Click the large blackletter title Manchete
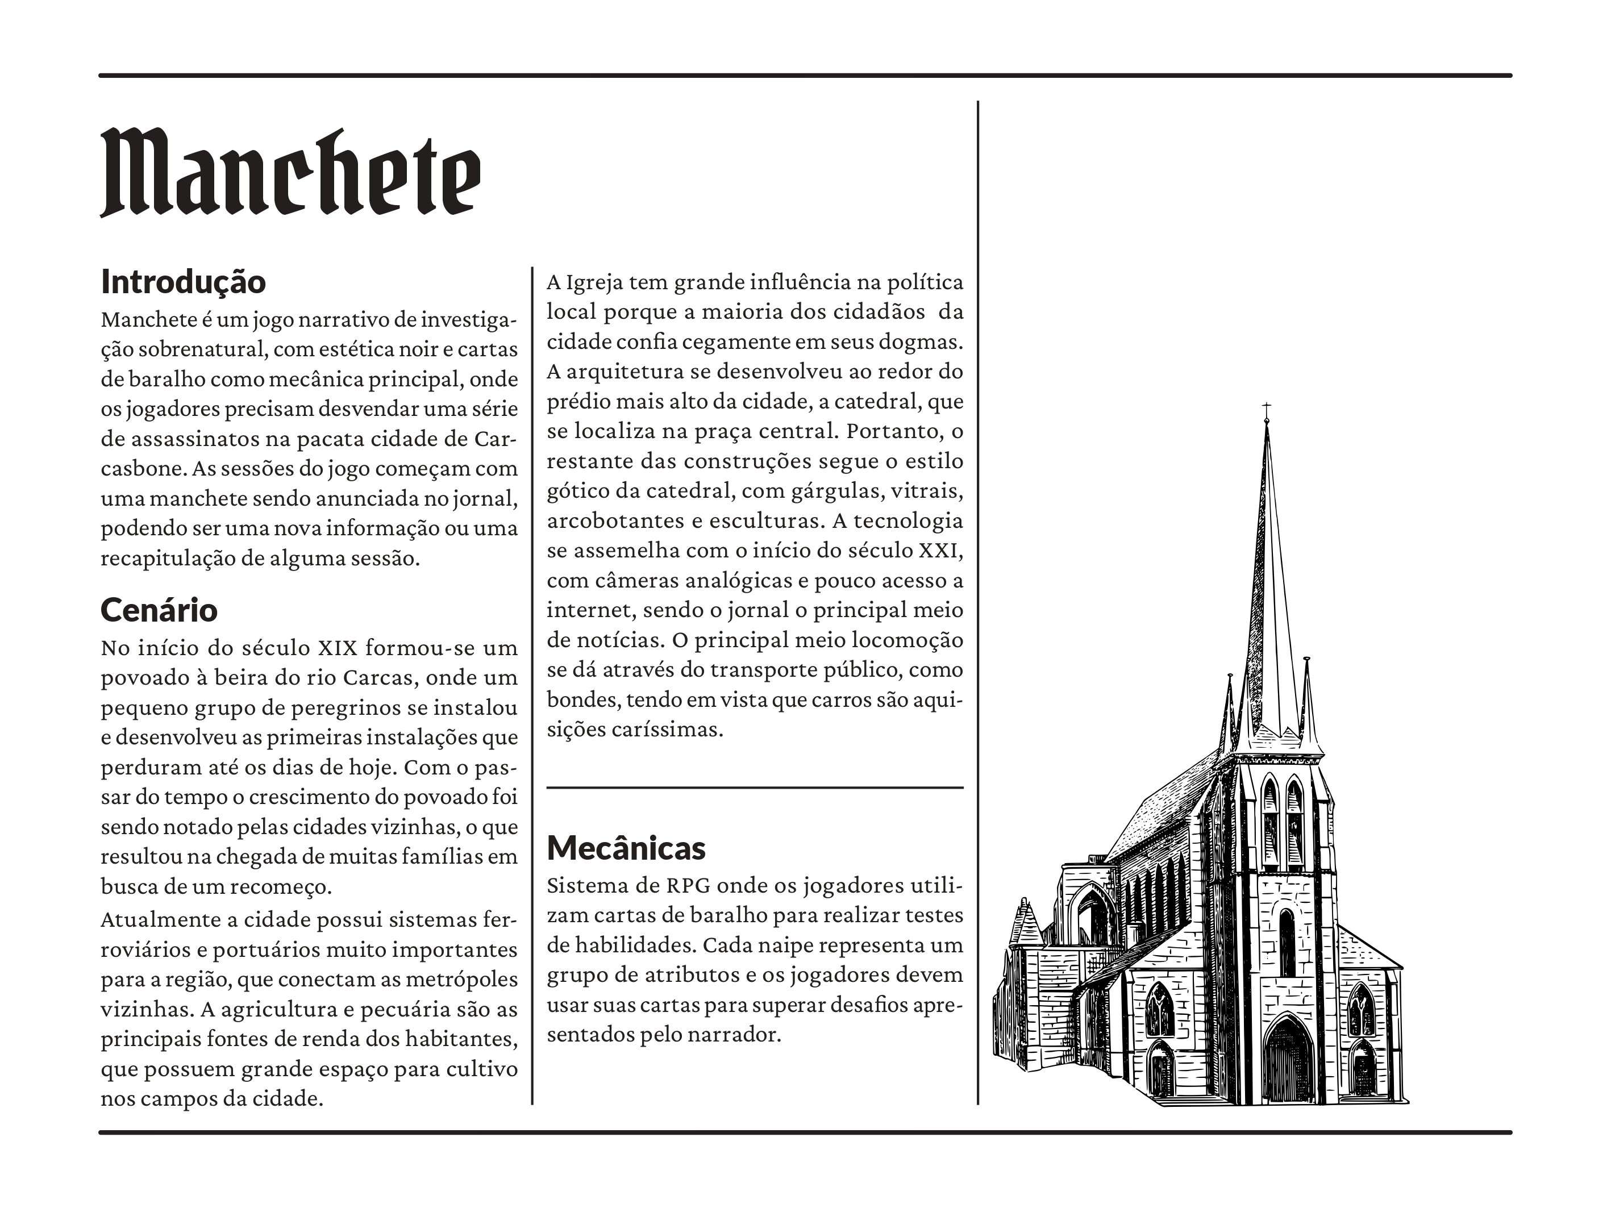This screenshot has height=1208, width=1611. [290, 173]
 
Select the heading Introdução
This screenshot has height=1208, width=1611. [184, 282]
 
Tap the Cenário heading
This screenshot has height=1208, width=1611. [159, 610]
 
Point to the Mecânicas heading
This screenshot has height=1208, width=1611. [626, 848]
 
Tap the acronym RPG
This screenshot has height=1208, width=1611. [688, 886]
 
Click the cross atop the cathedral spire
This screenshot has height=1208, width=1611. [1267, 408]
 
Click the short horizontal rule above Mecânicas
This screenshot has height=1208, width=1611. [755, 787]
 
